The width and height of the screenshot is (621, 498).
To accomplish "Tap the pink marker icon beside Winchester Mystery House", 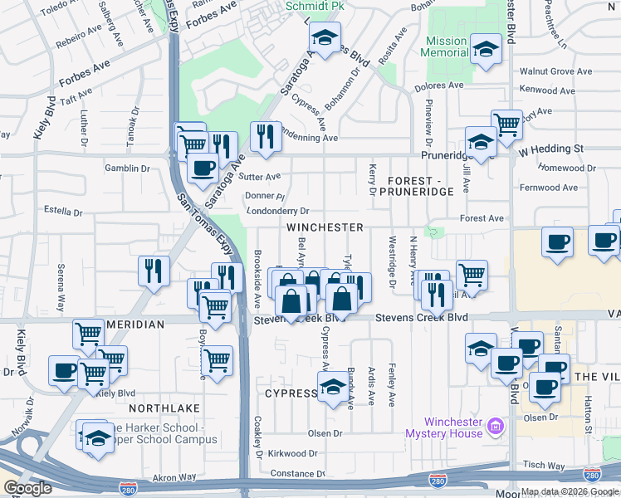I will (496, 426).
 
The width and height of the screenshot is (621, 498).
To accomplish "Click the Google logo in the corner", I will (27, 488).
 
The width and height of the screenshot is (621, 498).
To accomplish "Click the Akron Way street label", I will (175, 478).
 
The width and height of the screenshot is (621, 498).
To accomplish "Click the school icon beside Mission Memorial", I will (486, 49).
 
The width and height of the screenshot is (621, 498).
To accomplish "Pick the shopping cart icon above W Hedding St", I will (506, 125).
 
